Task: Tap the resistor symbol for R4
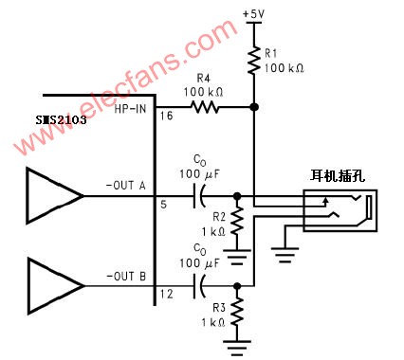coord(206,108)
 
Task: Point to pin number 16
coord(166,117)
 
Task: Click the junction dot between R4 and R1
coord(255,108)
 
